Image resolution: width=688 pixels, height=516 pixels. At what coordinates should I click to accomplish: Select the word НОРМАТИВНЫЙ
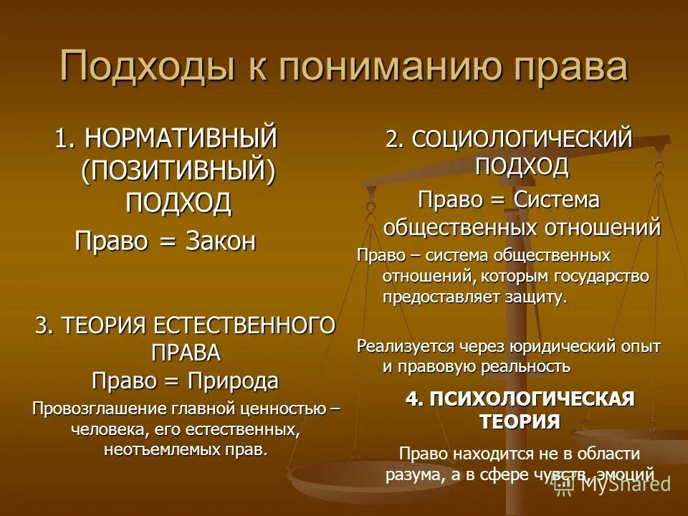[179, 137]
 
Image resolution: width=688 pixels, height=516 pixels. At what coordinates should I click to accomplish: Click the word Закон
[221, 242]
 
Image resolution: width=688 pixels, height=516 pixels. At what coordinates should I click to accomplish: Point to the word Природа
[234, 380]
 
